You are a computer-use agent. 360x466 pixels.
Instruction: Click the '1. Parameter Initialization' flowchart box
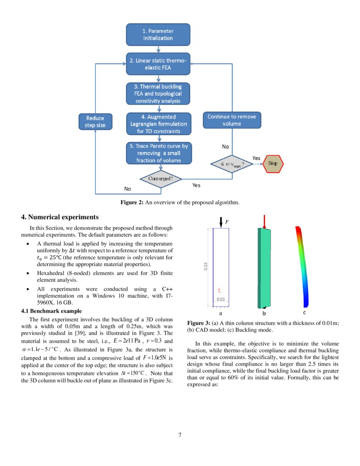[x=158, y=35]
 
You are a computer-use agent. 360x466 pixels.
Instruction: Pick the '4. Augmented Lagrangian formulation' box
[x=158, y=124]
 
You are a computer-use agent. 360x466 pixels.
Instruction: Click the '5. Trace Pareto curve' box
[x=158, y=153]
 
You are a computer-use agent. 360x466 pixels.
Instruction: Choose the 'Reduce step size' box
[x=95, y=122]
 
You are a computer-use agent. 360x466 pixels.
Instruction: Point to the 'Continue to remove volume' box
[x=232, y=120]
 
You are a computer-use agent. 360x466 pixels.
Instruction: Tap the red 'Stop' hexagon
[x=273, y=163]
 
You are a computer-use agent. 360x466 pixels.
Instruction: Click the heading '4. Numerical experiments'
[x=60, y=217]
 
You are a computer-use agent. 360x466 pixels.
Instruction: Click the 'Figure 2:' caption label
[x=132, y=202]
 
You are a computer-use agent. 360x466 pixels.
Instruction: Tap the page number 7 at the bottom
[x=180, y=435]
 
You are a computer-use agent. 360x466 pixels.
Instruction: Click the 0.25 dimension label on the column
[x=206, y=266]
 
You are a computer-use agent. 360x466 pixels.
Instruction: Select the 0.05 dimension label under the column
[x=221, y=299]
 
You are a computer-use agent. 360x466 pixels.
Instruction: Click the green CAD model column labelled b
[x=264, y=268]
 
